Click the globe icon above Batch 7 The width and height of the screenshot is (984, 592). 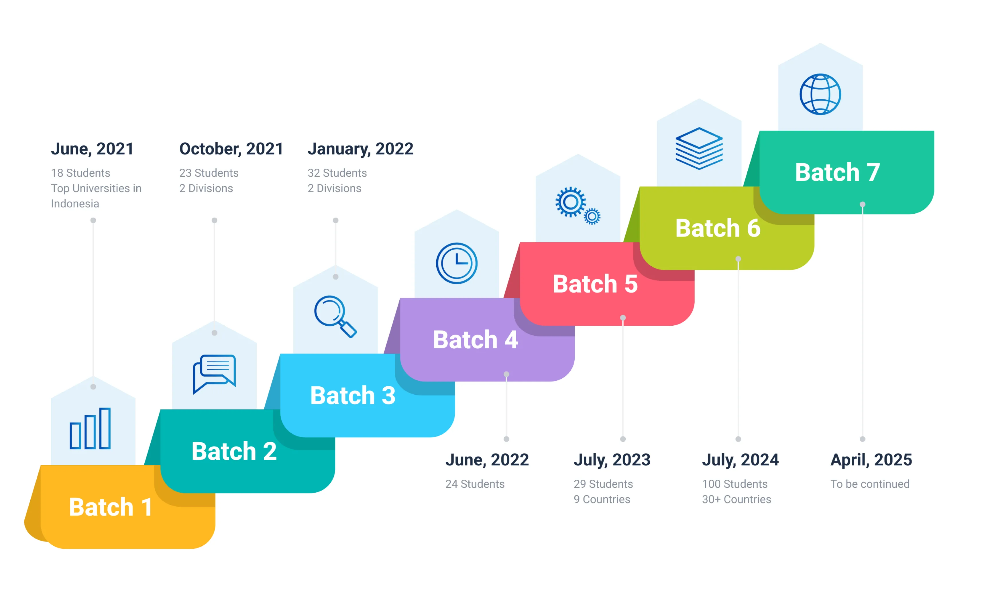(x=820, y=95)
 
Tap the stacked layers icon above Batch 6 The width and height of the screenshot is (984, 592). (x=699, y=148)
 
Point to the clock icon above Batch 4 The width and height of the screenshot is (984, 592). (x=457, y=263)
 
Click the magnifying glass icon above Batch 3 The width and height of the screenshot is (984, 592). (x=335, y=317)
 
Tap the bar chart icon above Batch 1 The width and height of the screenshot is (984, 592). (x=90, y=428)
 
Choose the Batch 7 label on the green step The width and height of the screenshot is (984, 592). (x=837, y=172)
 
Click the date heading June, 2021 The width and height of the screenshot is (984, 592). (x=92, y=149)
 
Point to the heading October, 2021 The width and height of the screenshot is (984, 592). (x=231, y=149)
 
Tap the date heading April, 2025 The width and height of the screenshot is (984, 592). (x=871, y=460)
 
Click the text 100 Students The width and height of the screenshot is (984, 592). (x=734, y=484)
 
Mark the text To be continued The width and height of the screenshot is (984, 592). (x=870, y=484)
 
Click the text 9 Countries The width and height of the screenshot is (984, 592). (x=602, y=499)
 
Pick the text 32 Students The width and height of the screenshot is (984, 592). (x=337, y=173)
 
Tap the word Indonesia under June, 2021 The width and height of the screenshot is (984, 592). (x=75, y=204)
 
